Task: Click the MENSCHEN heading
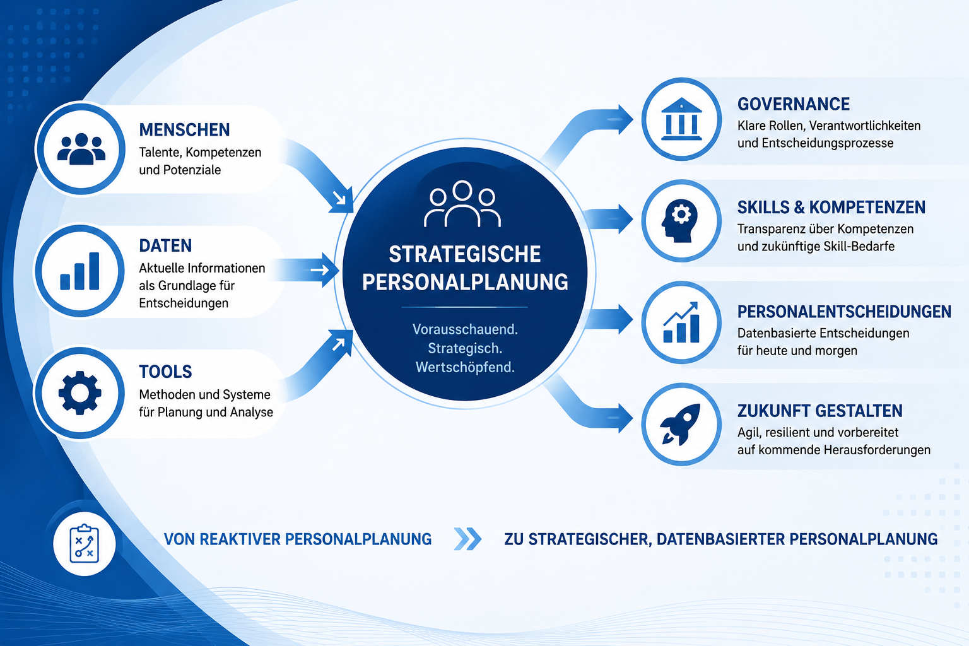click(x=184, y=130)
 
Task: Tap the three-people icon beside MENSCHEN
click(x=81, y=149)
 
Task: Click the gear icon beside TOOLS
click(x=80, y=393)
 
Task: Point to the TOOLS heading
click(x=165, y=372)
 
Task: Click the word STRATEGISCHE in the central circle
click(x=464, y=254)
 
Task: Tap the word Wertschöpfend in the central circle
click(x=465, y=367)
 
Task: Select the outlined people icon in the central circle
click(x=462, y=204)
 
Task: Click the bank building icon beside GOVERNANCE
click(x=681, y=119)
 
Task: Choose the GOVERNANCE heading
click(x=794, y=104)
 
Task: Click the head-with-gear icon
click(x=679, y=221)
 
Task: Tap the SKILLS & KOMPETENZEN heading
click(x=831, y=208)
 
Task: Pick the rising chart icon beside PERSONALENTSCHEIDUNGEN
click(x=681, y=322)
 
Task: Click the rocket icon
click(x=680, y=425)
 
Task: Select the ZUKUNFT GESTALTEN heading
click(x=819, y=411)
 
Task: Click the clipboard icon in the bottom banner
click(x=85, y=543)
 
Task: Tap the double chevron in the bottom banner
click(x=467, y=539)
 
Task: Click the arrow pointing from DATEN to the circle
click(x=305, y=271)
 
